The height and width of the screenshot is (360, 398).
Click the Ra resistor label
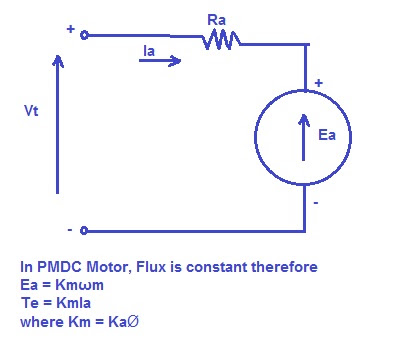pos(216,20)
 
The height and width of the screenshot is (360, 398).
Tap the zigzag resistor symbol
pos(221,40)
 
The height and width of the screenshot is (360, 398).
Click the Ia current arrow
pos(160,61)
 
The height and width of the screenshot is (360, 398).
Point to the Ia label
pos(149,51)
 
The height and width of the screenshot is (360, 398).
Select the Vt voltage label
pos(31,110)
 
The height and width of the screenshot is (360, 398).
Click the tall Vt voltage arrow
pos(58,124)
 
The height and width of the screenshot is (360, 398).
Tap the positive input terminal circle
pos(84,35)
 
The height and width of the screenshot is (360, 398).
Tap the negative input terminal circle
pos(84,230)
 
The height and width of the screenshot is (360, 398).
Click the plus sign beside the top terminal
pos(70,29)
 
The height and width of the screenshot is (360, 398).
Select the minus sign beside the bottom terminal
pos(69,230)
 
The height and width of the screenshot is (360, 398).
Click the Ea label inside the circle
pos(327,135)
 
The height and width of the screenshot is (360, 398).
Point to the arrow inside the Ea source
pos(303,137)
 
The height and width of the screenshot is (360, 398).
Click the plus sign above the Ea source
pos(319,83)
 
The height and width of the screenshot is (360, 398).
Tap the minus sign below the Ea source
pos(316,203)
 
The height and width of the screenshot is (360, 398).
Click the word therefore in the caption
pos(284,267)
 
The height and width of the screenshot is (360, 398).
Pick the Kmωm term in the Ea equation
pos(79,285)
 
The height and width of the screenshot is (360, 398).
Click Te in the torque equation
pos(29,303)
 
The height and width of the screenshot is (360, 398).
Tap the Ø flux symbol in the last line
pos(133,322)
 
